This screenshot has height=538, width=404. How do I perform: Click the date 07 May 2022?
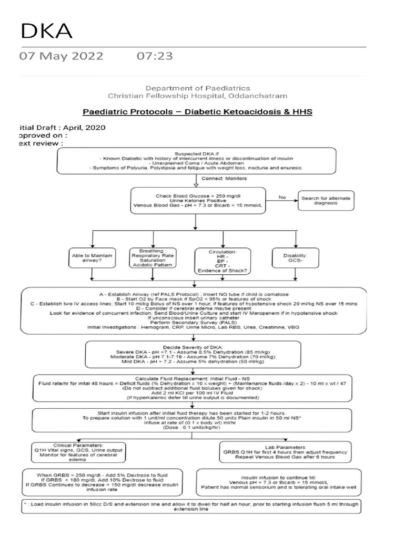[62, 56]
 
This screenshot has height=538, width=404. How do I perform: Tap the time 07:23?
[155, 56]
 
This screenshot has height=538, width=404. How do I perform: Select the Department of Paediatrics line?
[198, 88]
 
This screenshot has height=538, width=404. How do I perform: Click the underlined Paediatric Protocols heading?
[198, 112]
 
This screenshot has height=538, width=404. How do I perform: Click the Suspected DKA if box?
[197, 160]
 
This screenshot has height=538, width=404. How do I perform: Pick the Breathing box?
[153, 257]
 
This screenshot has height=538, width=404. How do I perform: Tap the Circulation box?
[223, 261]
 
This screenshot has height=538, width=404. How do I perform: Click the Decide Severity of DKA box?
[194, 355]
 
